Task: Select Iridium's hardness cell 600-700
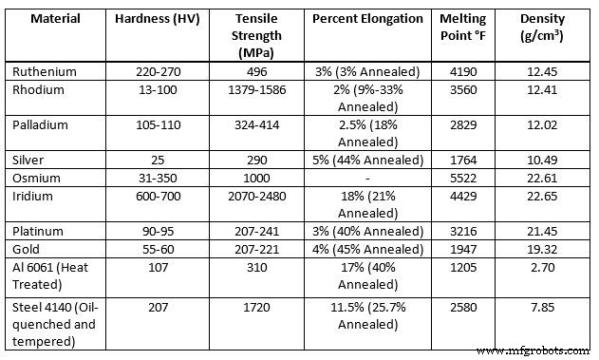pyautogui.click(x=156, y=195)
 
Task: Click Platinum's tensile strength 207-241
pyautogui.click(x=260, y=230)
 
